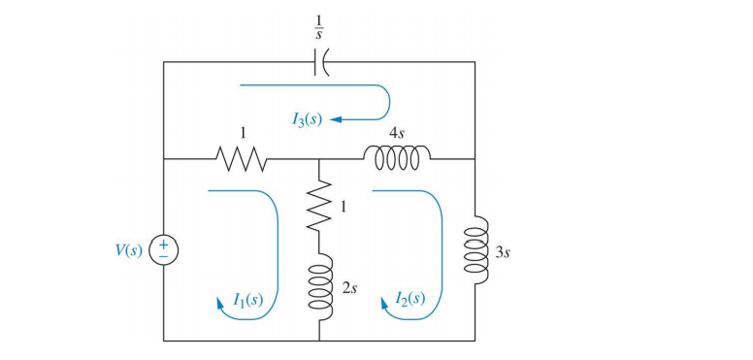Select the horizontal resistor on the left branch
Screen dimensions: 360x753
pyautogui.click(x=238, y=158)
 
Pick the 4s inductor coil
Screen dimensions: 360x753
pyautogui.click(x=397, y=157)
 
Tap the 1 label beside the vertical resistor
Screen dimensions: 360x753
pyautogui.click(x=342, y=206)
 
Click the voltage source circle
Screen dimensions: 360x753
pyautogui.click(x=164, y=249)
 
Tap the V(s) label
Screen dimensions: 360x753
pyautogui.click(x=128, y=249)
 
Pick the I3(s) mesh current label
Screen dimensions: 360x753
pyautogui.click(x=307, y=119)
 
